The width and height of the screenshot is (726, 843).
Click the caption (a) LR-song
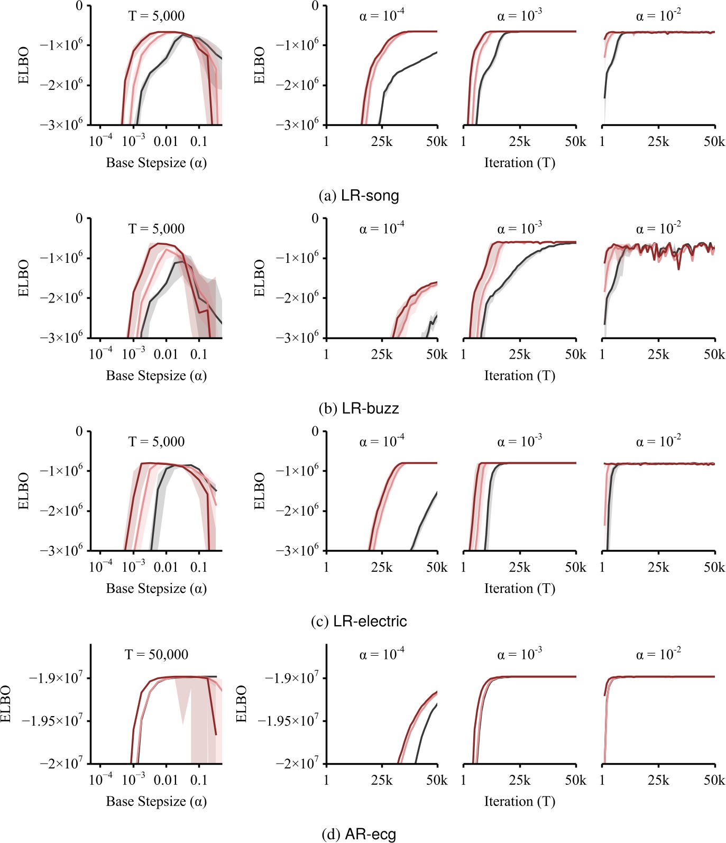pyautogui.click(x=359, y=196)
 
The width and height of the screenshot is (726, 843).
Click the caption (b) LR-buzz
pyautogui.click(x=359, y=408)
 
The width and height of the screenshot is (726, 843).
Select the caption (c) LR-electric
pyautogui.click(x=359, y=621)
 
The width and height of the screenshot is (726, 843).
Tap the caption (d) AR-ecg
pyautogui.click(x=359, y=835)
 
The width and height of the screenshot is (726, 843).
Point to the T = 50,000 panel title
pyautogui.click(x=157, y=654)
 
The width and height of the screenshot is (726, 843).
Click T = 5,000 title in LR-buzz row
pyautogui.click(x=157, y=228)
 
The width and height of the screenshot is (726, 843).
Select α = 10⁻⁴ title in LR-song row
pyautogui.click(x=382, y=15)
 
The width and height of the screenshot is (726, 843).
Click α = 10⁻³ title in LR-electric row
pyautogui.click(x=520, y=441)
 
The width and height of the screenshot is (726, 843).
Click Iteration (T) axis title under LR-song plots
pyautogui.click(x=520, y=163)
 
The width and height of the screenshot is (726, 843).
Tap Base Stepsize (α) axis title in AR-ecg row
pyautogui.click(x=157, y=801)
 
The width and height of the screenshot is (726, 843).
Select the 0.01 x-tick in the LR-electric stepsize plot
pyautogui.click(x=166, y=567)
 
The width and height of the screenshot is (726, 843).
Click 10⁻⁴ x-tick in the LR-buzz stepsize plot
pyautogui.click(x=100, y=354)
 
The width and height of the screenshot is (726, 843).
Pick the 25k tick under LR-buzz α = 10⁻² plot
pyautogui.click(x=658, y=354)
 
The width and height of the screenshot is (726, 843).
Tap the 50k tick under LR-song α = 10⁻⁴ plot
pyautogui.click(x=437, y=142)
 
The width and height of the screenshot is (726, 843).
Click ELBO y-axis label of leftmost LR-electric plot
pyautogui.click(x=23, y=491)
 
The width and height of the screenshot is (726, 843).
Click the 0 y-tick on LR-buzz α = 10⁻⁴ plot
pyautogui.click(x=315, y=218)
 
